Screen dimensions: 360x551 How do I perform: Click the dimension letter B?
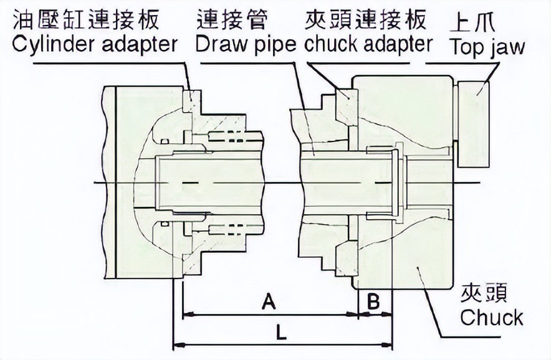[373, 301]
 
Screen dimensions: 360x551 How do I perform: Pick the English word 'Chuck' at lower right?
[492, 318]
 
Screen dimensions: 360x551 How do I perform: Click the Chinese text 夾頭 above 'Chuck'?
[484, 292]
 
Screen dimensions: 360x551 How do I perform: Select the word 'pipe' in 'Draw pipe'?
[277, 45]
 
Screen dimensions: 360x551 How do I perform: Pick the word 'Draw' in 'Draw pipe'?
[223, 44]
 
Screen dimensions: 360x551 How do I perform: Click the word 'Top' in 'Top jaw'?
[461, 47]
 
